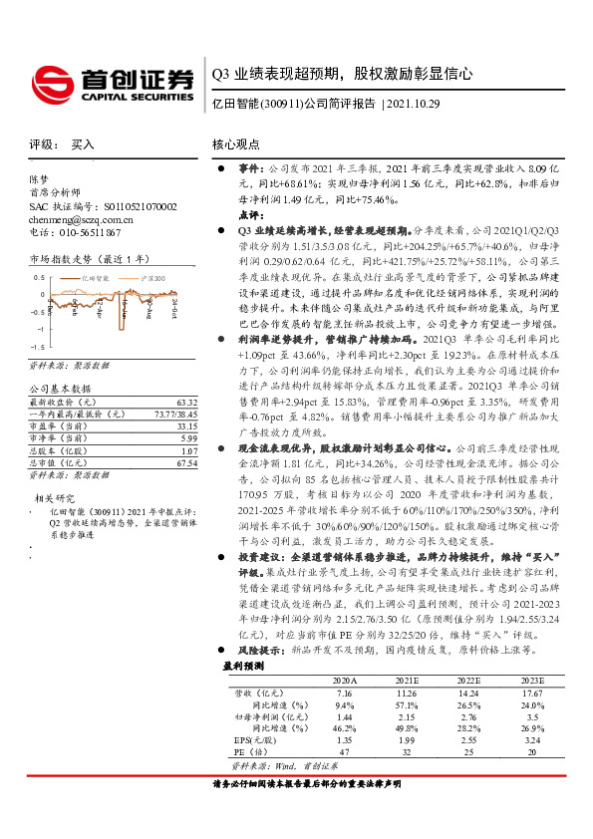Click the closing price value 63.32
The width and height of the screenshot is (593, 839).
point(185,402)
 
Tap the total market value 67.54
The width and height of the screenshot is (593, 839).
point(185,461)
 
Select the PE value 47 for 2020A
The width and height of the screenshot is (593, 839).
point(344,754)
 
